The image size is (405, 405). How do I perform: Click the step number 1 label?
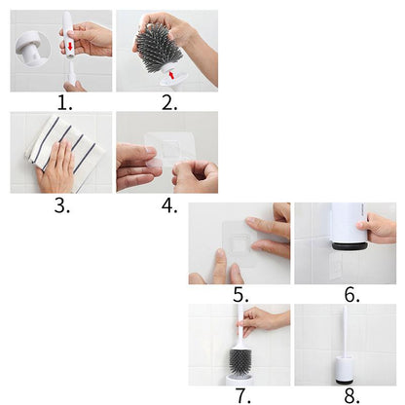[x=64, y=103]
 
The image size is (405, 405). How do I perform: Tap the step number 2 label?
[x=169, y=103]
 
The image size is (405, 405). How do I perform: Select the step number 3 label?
[x=61, y=205]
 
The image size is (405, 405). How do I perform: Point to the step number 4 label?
[x=169, y=205]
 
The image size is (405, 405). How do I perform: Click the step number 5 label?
[x=240, y=295]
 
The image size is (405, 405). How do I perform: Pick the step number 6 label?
[x=351, y=295]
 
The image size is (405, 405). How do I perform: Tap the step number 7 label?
[x=242, y=396]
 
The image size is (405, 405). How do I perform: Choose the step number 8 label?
[x=351, y=396]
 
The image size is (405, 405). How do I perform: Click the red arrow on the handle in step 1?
[x=70, y=46]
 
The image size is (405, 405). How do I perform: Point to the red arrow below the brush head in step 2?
[x=171, y=75]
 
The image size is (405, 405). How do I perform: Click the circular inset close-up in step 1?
[x=32, y=49]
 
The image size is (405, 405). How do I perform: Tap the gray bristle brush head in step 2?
[x=159, y=46]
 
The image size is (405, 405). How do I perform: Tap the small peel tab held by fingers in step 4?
[x=154, y=163]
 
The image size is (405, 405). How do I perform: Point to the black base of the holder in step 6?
[x=350, y=246]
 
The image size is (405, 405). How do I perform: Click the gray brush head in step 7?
[x=240, y=361]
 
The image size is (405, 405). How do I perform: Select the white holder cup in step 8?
[x=344, y=370]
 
